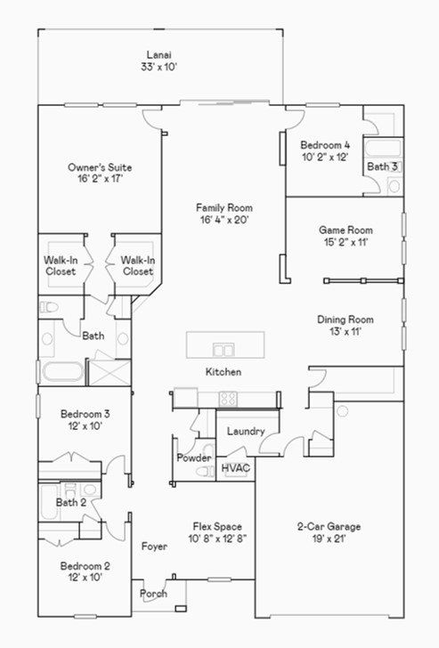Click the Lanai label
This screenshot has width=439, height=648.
(x=159, y=54)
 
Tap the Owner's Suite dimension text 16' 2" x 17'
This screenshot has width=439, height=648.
(x=100, y=179)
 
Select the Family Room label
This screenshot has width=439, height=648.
(x=224, y=207)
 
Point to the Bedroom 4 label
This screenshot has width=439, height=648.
(x=325, y=145)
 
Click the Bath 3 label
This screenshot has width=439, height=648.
(x=382, y=166)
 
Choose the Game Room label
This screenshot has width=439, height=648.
(x=346, y=230)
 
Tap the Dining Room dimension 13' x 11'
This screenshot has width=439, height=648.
(x=346, y=331)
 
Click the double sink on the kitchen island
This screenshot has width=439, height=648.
(x=224, y=350)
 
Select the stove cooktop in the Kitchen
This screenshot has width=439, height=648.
(x=228, y=399)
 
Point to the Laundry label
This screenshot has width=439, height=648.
(x=246, y=432)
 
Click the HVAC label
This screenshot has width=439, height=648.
(x=236, y=468)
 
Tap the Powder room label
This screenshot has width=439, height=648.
(x=194, y=458)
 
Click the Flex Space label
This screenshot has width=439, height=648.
(x=217, y=527)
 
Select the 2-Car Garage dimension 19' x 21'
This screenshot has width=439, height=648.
(x=329, y=538)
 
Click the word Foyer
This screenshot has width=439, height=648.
(x=154, y=547)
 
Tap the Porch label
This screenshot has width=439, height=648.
(x=153, y=594)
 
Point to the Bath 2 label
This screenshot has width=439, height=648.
(x=71, y=503)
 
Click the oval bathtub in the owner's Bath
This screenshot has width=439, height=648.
(x=63, y=371)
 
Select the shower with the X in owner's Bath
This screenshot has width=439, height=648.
(x=110, y=373)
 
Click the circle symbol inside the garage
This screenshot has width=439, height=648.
(x=342, y=411)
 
